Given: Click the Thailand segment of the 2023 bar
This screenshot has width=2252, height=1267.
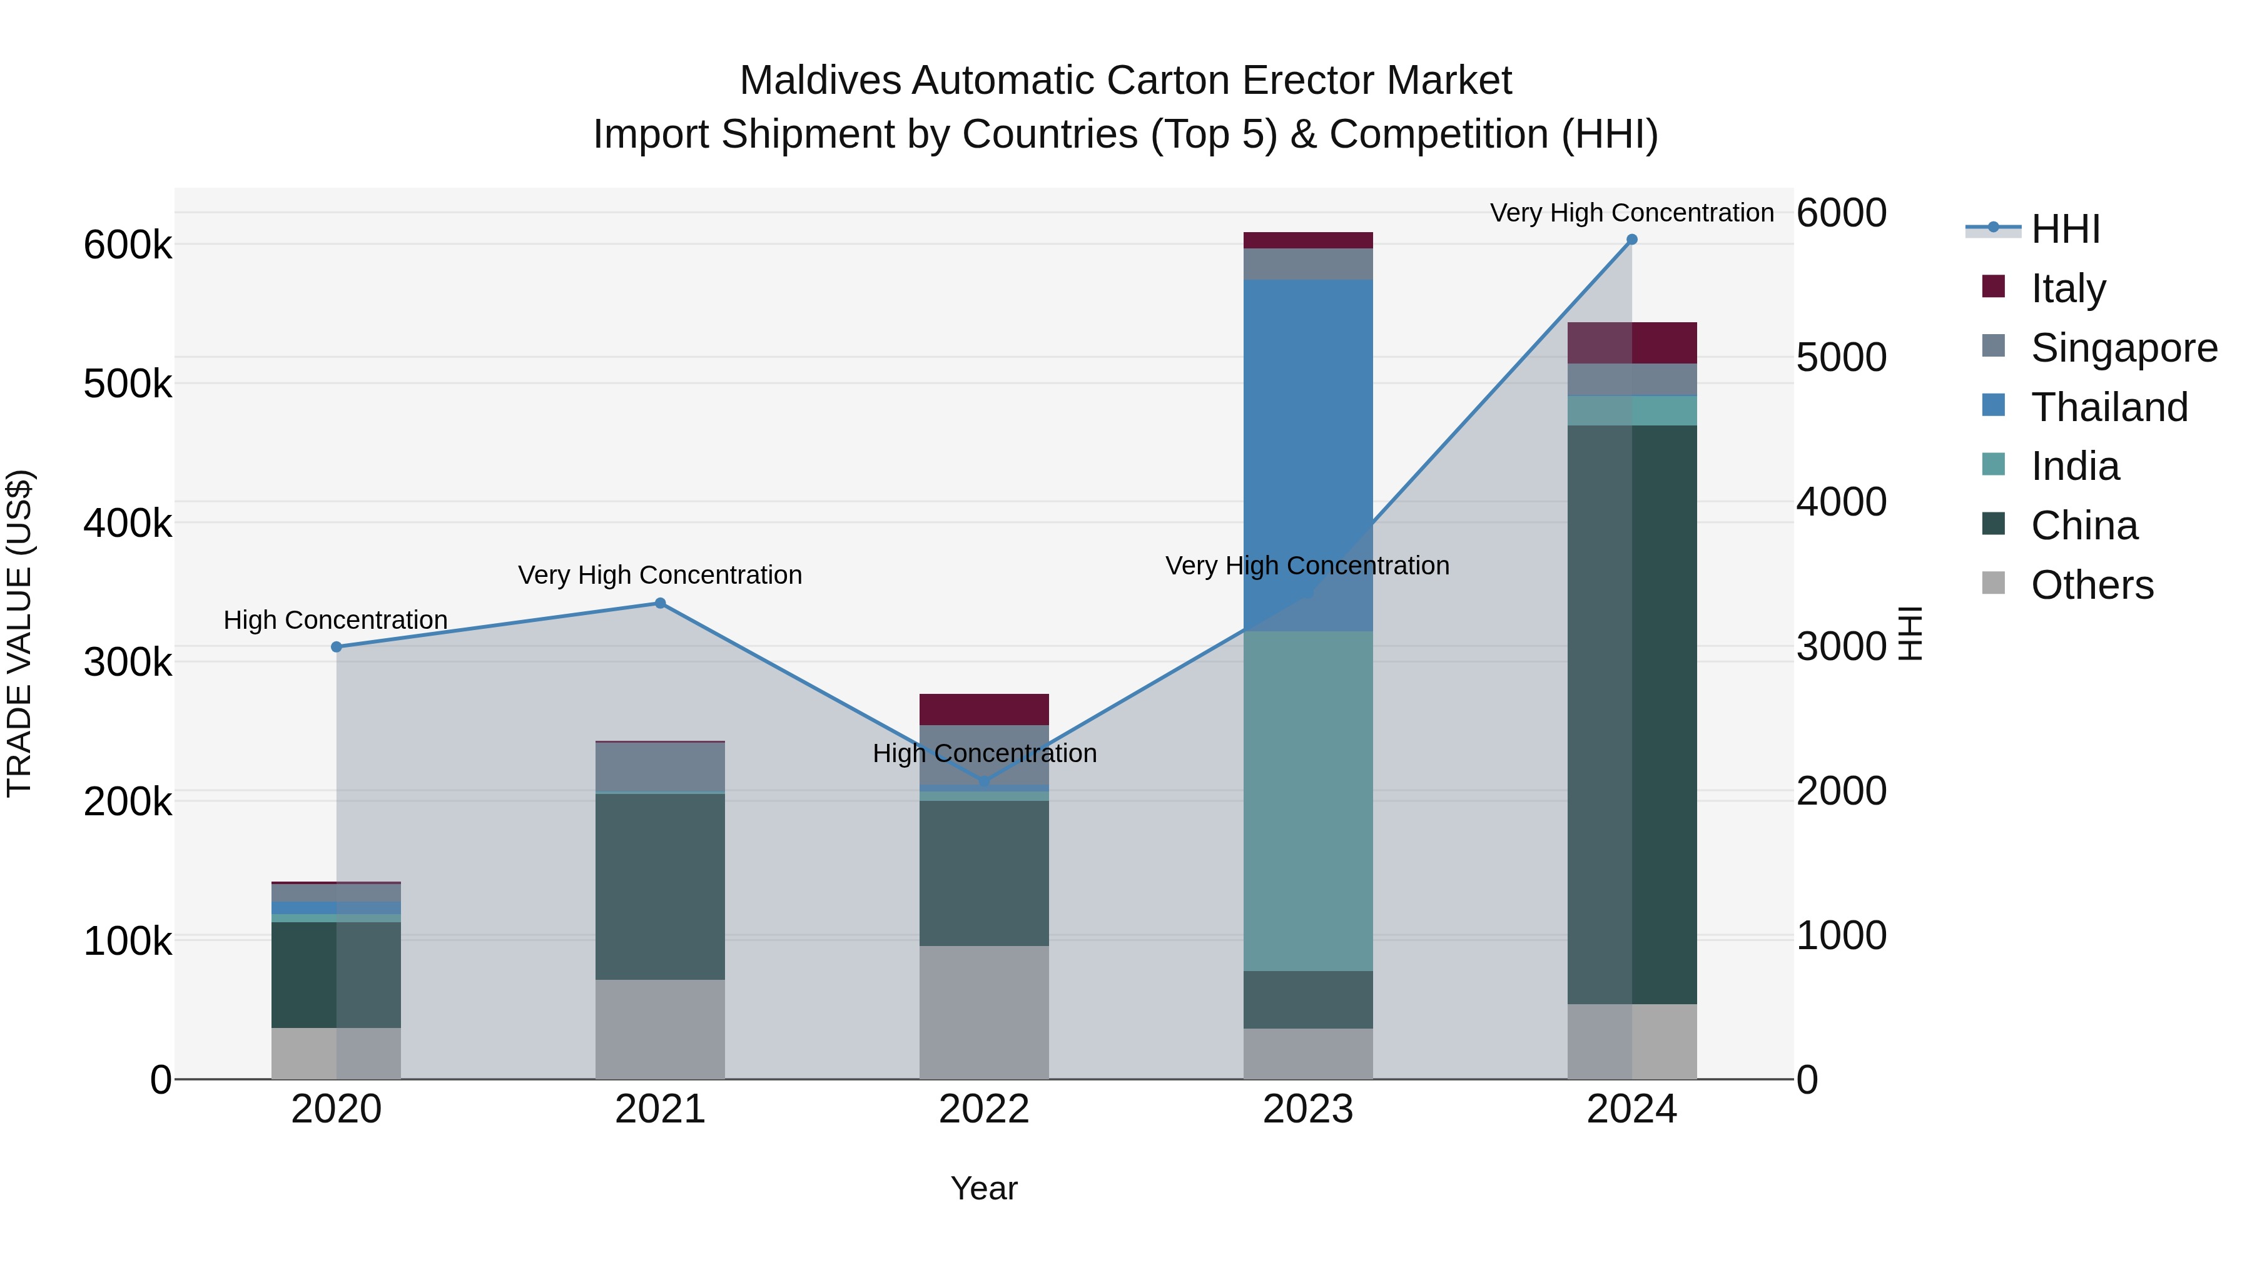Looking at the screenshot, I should pos(1308,455).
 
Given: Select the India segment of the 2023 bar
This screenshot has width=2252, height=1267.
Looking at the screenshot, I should pos(1308,800).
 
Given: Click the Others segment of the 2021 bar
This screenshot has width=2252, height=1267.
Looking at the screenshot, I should pos(660,1029).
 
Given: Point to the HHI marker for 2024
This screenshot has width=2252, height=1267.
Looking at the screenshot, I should pos(1631,240).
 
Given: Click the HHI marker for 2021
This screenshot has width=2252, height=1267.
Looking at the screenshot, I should pos(660,603).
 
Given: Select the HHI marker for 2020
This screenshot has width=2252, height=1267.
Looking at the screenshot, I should pos(337,647).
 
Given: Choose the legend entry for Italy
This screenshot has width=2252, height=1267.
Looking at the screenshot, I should pos(2067,288).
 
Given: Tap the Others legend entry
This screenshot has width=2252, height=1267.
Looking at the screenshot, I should pos(2091,585).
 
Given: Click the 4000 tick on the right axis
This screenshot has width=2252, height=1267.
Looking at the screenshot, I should pos(1841,502).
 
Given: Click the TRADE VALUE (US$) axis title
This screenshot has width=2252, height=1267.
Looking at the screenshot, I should pos(19,633).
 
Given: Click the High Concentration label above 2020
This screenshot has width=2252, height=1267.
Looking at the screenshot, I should pos(336,620).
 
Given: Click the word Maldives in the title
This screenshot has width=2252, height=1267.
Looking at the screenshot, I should pos(819,81).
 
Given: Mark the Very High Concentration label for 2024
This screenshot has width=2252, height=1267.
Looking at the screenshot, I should pos(1631,213).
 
